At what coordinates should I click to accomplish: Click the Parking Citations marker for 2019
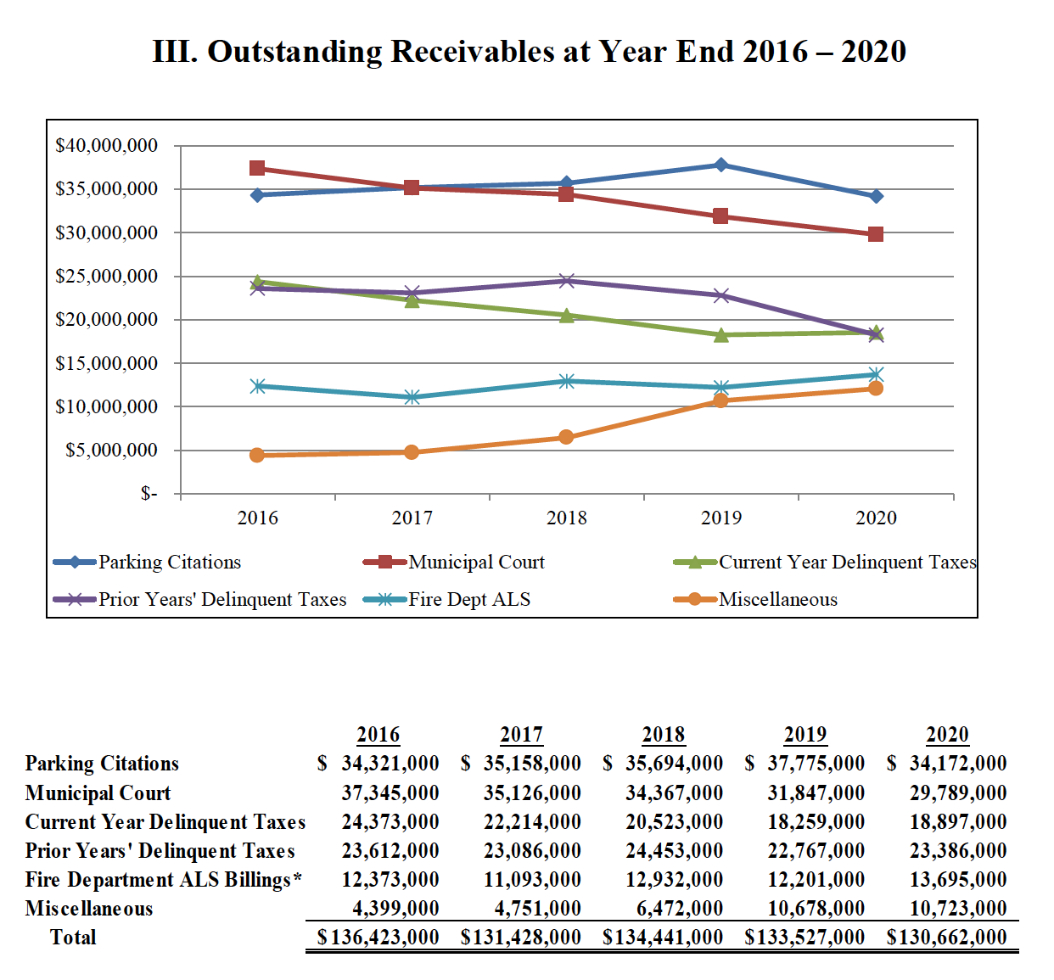click(x=720, y=165)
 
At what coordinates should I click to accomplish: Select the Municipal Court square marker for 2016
click(x=257, y=168)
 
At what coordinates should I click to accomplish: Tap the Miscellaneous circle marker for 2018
click(x=566, y=437)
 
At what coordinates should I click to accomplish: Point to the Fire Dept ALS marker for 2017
click(x=412, y=397)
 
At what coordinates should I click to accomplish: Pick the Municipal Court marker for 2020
click(x=876, y=234)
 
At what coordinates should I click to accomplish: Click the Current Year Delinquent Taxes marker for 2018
click(x=566, y=315)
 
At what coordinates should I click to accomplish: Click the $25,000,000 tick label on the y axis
click(x=107, y=276)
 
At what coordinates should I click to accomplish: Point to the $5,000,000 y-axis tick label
click(x=112, y=450)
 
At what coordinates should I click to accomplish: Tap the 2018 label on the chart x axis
click(x=566, y=518)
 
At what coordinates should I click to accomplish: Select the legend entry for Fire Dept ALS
click(x=468, y=599)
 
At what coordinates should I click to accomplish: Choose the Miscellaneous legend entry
click(x=777, y=599)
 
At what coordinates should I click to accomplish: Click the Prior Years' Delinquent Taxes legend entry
click(x=221, y=599)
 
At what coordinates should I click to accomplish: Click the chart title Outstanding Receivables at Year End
click(x=529, y=52)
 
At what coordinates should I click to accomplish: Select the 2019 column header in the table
click(x=805, y=734)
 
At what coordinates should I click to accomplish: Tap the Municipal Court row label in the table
click(x=98, y=792)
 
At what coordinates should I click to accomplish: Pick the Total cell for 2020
click(x=946, y=937)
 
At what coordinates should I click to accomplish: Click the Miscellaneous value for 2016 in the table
click(x=395, y=908)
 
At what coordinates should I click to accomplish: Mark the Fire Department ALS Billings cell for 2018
click(x=674, y=879)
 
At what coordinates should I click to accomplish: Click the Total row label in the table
click(x=73, y=937)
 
